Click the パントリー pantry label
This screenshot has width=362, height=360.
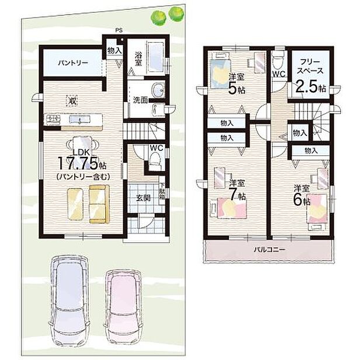[x=72, y=62]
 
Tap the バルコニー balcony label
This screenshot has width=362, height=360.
[x=269, y=250]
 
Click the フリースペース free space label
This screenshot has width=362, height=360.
[x=309, y=66]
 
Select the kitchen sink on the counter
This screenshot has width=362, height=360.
[x=75, y=120]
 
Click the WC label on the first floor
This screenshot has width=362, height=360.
[x=155, y=148]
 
